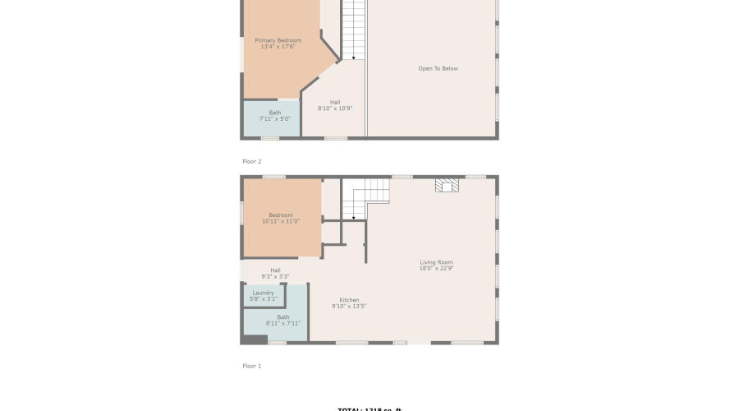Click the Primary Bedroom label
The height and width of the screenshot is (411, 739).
tap(278, 40)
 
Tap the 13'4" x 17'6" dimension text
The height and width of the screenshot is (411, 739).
tap(278, 47)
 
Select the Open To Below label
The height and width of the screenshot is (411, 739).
tap(438, 68)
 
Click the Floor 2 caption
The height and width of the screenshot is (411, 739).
tap(251, 161)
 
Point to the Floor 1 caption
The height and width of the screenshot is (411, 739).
tap(251, 366)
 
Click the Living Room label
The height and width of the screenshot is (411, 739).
tap(436, 262)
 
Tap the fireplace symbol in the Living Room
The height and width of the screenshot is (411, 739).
tap(447, 186)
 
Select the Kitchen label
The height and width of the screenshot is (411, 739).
tap(349, 300)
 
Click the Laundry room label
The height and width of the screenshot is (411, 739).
tap(264, 293)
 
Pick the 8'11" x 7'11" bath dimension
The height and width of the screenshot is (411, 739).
tap(283, 324)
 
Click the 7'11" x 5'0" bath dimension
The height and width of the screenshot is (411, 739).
tap(274, 119)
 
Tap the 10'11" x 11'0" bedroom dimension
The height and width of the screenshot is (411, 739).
tap(280, 222)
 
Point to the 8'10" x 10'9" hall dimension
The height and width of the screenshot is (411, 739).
tap(335, 109)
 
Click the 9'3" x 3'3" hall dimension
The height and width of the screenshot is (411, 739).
tap(275, 276)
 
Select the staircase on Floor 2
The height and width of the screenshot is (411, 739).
tap(353, 29)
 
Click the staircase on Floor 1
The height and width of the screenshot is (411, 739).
tap(365, 197)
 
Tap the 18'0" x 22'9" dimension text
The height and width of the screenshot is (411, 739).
tap(436, 268)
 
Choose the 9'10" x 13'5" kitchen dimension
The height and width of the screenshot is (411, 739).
tap(349, 306)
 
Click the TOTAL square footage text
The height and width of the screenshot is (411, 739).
tap(369, 409)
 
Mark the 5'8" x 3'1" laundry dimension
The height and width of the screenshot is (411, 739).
tap(264, 299)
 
